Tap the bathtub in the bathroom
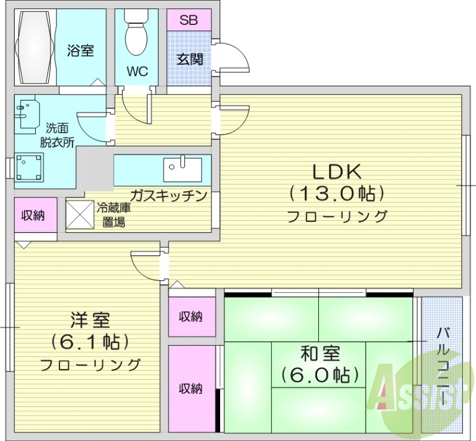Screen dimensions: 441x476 click(x=34, y=47)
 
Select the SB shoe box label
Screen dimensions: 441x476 click(x=189, y=20)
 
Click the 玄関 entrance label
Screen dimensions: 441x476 click(x=189, y=59)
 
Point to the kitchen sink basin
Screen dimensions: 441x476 click(x=182, y=168)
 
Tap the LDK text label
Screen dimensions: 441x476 click(x=337, y=172)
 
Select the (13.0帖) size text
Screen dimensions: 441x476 click(x=337, y=193)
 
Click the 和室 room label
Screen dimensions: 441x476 click(x=320, y=353)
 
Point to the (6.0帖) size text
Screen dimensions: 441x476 click(x=320, y=375)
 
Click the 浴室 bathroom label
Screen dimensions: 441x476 click(x=80, y=51)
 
